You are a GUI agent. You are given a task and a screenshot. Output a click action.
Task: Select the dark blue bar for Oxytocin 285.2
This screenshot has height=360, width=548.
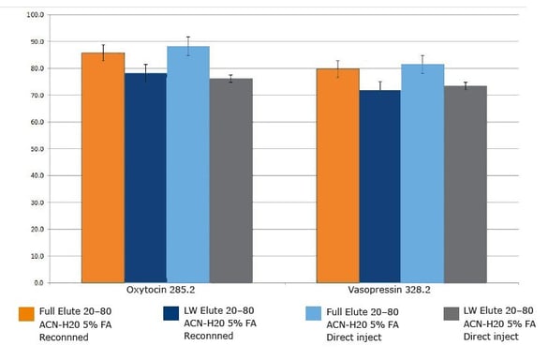pyautogui.click(x=145, y=177)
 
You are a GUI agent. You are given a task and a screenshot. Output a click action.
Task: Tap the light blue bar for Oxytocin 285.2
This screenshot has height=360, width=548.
pyautogui.click(x=188, y=164)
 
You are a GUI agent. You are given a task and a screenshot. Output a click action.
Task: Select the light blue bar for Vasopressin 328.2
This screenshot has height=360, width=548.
pyautogui.click(x=422, y=172)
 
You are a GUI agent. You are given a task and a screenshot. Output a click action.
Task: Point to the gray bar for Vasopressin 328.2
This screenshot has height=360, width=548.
pyautogui.click(x=465, y=184)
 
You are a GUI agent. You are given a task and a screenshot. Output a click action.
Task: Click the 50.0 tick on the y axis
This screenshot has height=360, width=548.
pyautogui.click(x=36, y=149)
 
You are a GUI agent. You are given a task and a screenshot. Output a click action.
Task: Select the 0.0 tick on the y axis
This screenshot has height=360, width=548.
pyautogui.click(x=37, y=282)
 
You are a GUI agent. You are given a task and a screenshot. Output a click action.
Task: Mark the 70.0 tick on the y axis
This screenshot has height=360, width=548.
pyautogui.click(x=36, y=96)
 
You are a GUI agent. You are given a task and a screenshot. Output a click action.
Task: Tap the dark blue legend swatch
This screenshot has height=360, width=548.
pyautogui.click(x=170, y=313)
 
